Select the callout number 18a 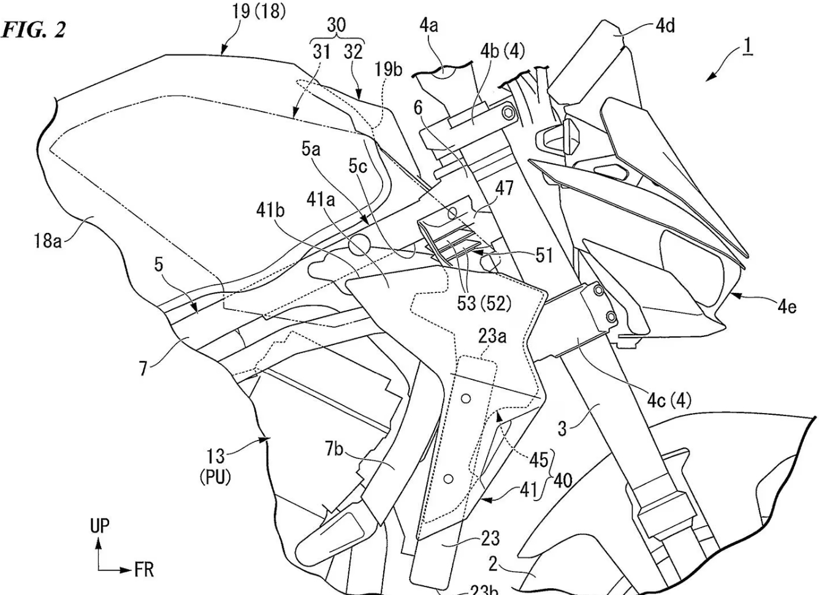point(47,241)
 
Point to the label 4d point(665,26)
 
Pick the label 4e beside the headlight point(787,306)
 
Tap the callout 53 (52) point(484,304)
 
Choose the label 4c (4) point(669,401)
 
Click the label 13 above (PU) point(215,457)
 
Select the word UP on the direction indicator point(100,526)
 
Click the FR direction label point(144,571)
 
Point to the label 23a point(492,336)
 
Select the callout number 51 point(544,254)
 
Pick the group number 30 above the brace point(336,25)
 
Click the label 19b point(389,69)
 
